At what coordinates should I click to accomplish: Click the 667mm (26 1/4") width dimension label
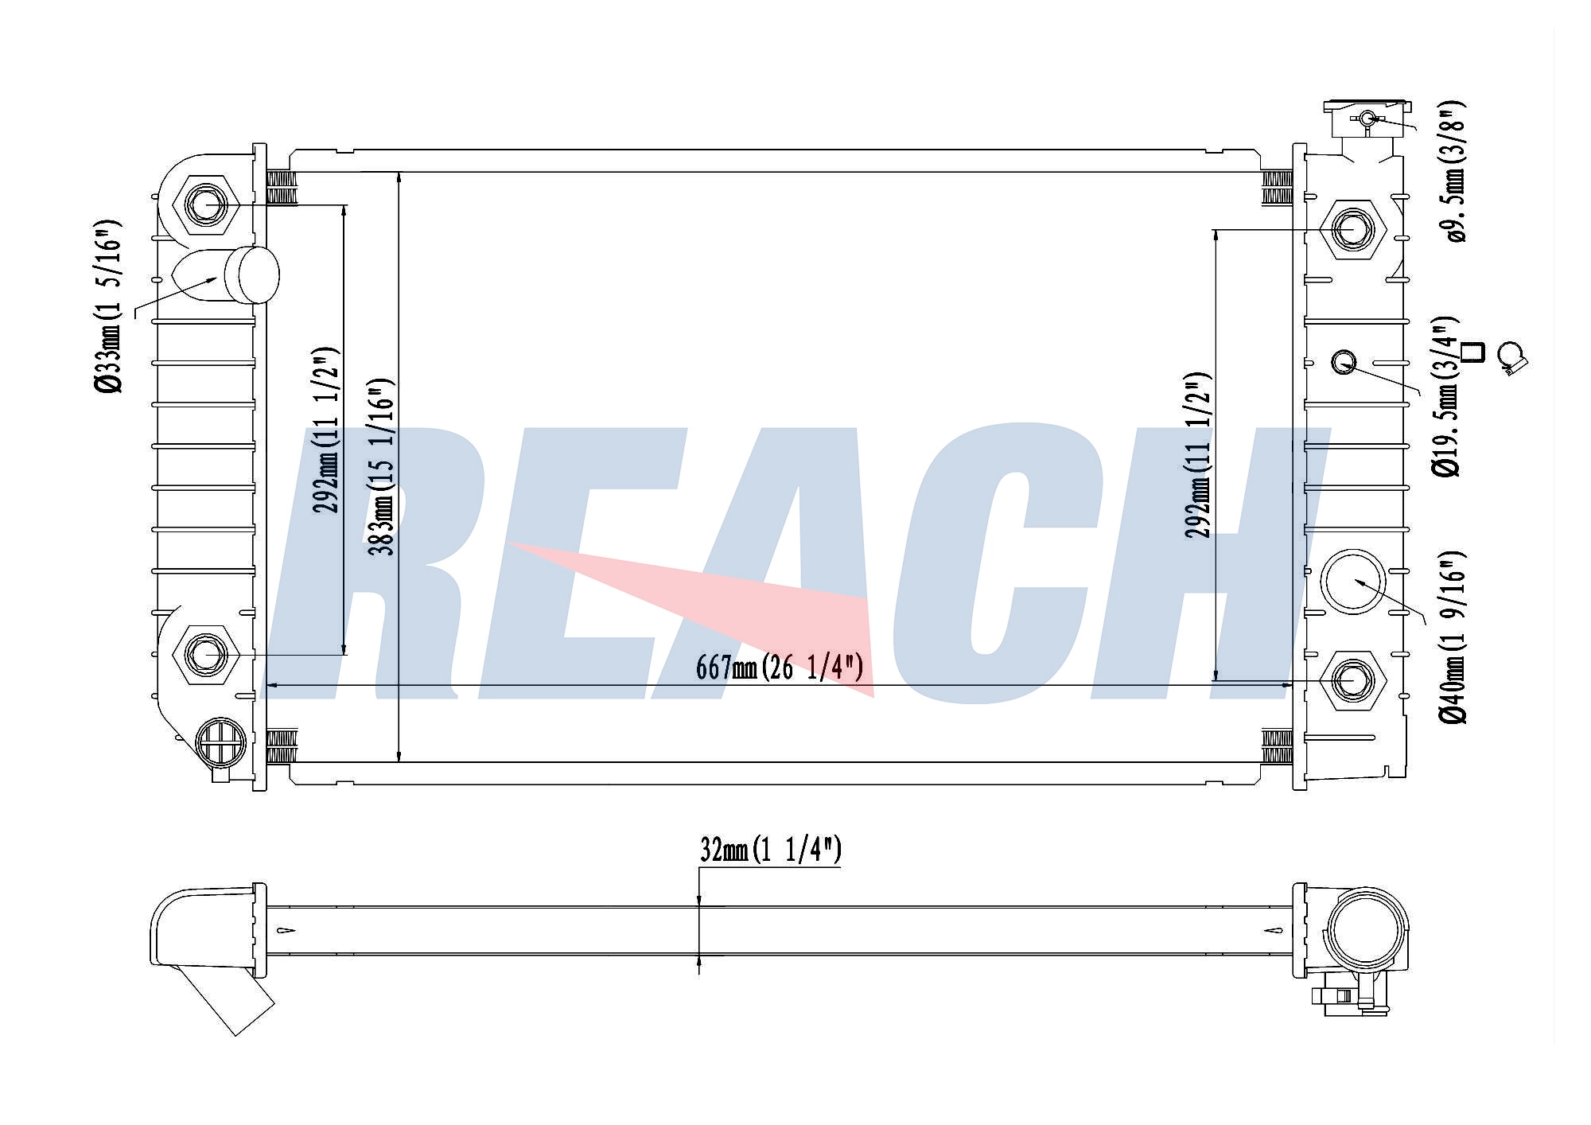pyautogui.click(x=779, y=667)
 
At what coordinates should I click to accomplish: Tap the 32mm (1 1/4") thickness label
pyautogui.click(x=770, y=850)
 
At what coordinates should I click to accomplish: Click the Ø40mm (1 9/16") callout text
pyautogui.click(x=1452, y=637)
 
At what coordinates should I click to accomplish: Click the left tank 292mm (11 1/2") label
pyautogui.click(x=328, y=430)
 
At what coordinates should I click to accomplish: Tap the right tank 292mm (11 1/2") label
pyautogui.click(x=1197, y=455)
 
